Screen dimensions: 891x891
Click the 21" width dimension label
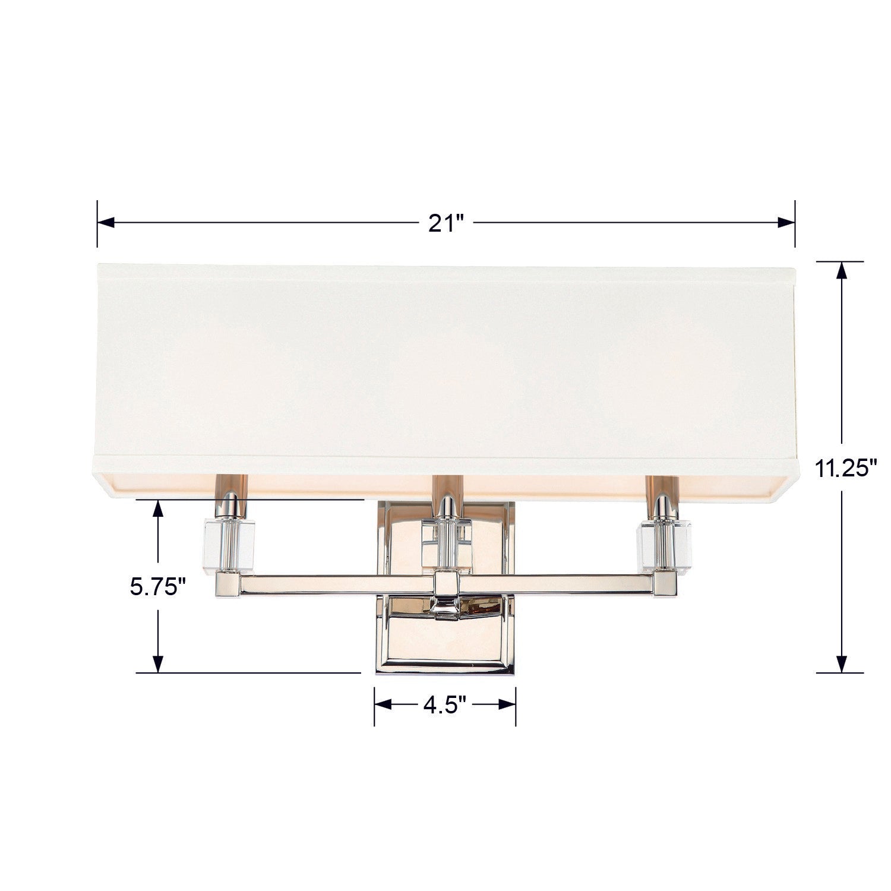click(445, 225)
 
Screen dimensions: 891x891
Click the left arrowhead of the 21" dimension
click(106, 223)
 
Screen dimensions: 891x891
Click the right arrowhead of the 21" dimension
click(786, 223)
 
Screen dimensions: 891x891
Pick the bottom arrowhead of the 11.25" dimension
click(841, 663)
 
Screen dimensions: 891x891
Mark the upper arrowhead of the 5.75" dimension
click(158, 508)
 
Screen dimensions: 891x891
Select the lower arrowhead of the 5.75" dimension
click(158, 663)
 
